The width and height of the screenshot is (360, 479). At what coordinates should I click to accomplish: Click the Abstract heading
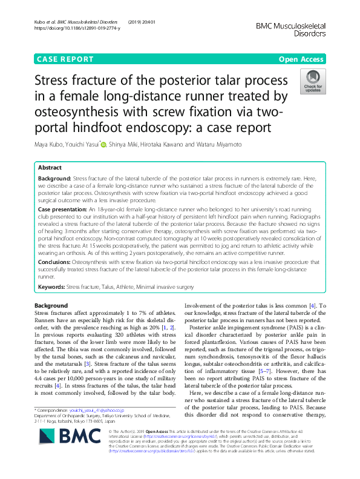point(50,168)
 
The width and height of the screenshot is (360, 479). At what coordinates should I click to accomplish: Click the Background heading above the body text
point(51,305)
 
